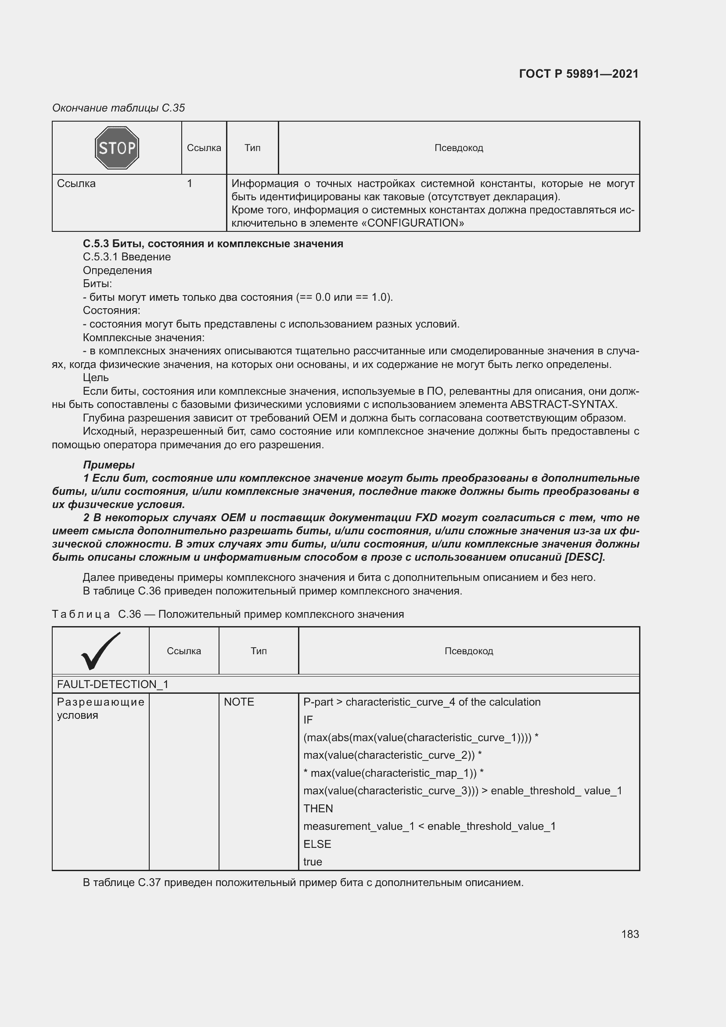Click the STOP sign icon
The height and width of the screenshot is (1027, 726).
(x=117, y=148)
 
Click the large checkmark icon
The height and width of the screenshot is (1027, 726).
(x=101, y=651)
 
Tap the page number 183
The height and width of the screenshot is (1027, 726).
(x=629, y=934)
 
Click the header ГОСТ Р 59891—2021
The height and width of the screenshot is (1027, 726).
(x=579, y=74)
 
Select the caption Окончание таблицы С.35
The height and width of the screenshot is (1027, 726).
(x=119, y=108)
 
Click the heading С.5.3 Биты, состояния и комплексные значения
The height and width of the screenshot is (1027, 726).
(x=213, y=243)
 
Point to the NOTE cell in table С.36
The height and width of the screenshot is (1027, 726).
(x=239, y=702)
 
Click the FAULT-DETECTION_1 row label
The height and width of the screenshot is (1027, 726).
(x=112, y=685)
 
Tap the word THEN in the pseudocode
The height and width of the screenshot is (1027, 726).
(x=318, y=808)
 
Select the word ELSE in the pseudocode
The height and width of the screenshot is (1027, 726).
(x=317, y=844)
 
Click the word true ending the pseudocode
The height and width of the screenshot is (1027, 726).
(x=313, y=861)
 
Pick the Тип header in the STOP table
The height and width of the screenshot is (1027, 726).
(x=252, y=148)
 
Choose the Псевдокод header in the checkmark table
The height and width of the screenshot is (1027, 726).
(x=468, y=651)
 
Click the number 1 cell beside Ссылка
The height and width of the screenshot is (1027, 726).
(x=190, y=184)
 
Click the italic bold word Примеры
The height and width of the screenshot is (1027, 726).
(x=108, y=465)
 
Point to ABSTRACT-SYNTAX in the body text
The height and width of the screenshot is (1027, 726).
(x=563, y=404)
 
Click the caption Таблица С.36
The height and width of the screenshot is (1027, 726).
(x=227, y=614)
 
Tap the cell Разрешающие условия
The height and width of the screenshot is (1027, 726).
(x=101, y=708)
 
